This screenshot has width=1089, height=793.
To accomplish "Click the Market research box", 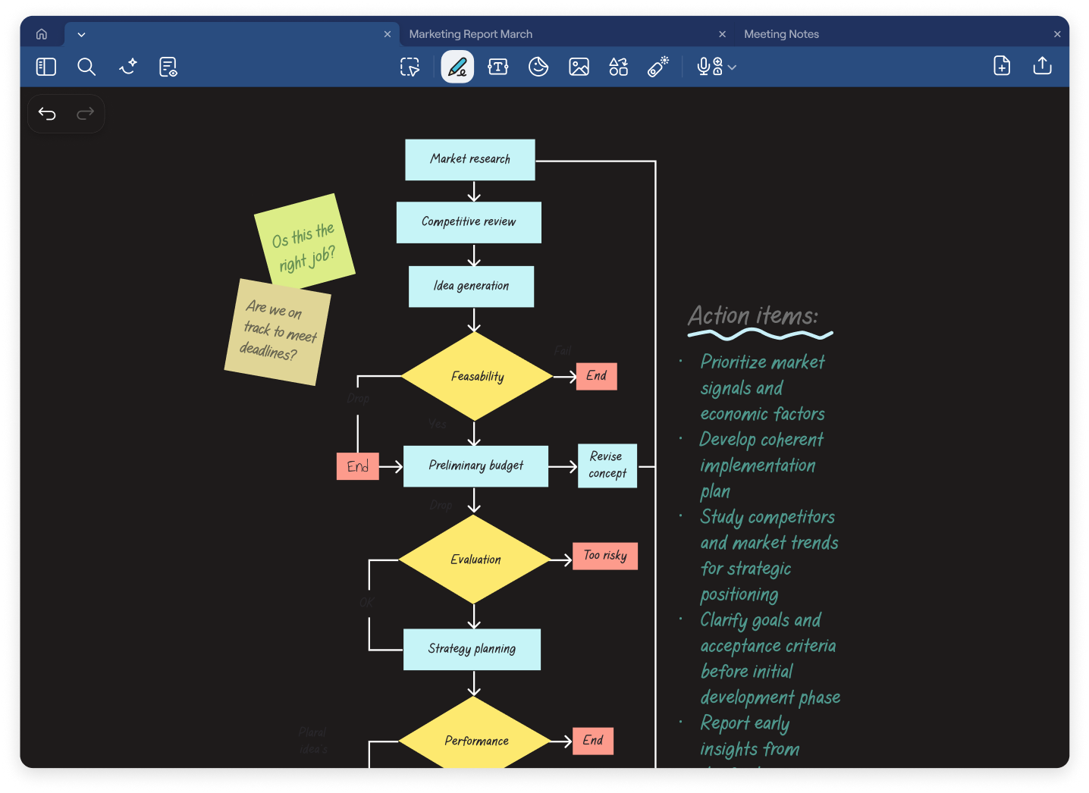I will (469, 159).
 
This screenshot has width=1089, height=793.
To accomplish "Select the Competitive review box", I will (469, 222).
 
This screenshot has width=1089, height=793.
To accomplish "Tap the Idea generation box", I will (471, 287).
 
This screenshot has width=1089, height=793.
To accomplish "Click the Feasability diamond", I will (477, 376).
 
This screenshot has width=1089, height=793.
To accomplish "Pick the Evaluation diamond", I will (475, 559).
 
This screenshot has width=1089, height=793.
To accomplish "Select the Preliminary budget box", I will (475, 465).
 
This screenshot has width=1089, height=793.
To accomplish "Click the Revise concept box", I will (607, 465).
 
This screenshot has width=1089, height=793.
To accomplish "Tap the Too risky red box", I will (605, 556).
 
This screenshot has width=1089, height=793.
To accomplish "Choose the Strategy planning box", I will (472, 649).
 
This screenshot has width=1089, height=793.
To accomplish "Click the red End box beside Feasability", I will (596, 376).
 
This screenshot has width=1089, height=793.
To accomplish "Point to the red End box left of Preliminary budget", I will (357, 466).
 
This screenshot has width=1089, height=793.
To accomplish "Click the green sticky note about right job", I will (305, 241).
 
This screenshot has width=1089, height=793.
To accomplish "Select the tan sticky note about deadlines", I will (278, 332).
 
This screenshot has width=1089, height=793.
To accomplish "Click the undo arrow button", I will (47, 114).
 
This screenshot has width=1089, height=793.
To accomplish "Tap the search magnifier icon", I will (86, 67).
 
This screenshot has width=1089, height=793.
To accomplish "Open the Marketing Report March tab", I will (471, 34).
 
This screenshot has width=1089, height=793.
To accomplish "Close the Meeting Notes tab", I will (1057, 34).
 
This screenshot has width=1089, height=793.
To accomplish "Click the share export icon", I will (1042, 66).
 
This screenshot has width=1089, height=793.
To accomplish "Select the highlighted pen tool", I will (457, 67).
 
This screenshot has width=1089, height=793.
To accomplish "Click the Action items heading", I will (753, 315).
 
